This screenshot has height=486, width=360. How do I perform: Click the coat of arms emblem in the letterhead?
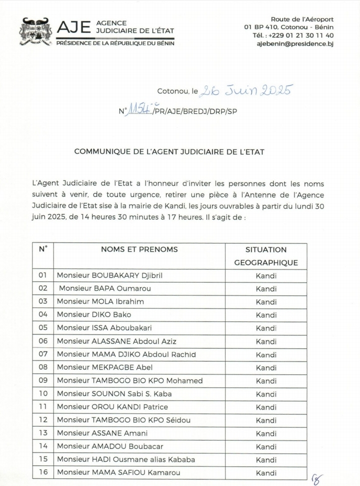click(35, 31)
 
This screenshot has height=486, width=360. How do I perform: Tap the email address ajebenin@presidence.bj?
click(294, 44)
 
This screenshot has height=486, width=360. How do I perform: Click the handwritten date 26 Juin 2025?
click(246, 90)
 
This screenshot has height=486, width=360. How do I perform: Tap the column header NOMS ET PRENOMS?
click(139, 249)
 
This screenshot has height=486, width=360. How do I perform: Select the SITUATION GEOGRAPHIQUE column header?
click(266, 256)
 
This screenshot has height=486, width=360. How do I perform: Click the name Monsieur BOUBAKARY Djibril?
click(109, 275)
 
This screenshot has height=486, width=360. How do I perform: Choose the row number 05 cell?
click(43, 328)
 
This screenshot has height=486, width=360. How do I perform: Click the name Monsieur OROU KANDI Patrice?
click(112, 407)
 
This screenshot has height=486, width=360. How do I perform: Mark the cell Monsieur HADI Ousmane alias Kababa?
click(126, 459)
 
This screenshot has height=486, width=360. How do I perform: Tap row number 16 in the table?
click(43, 472)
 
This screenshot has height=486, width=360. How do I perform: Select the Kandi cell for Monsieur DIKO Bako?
click(266, 315)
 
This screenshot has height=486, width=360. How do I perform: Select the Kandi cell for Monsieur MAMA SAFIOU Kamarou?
click(266, 472)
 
